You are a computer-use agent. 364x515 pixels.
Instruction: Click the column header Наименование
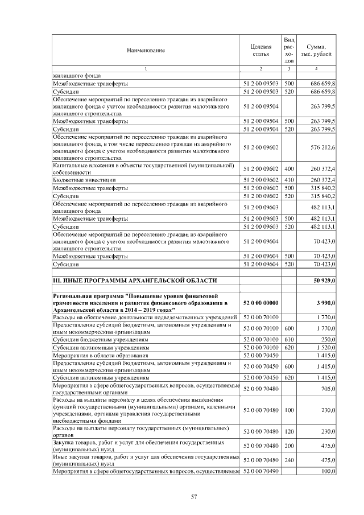coord(146,50)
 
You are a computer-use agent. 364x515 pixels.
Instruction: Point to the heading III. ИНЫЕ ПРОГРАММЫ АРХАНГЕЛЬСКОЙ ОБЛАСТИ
coord(135,281)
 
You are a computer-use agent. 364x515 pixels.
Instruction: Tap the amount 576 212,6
coord(322,147)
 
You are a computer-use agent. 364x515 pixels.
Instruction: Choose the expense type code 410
coord(288,180)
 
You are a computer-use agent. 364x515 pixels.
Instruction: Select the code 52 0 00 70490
coord(260,472)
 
